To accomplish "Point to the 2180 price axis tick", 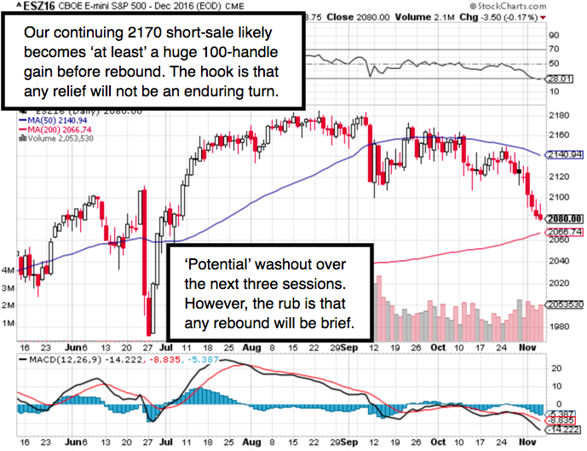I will point(560,114).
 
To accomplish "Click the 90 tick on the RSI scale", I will point(554,36).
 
